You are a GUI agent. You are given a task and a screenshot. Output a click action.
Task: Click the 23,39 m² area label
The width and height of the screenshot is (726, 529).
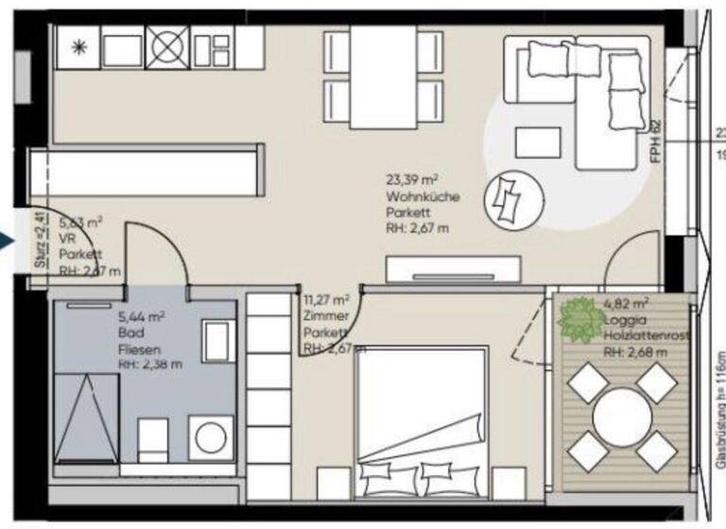coord(412,179)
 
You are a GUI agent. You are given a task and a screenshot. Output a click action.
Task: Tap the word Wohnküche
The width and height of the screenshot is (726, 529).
coord(423,197)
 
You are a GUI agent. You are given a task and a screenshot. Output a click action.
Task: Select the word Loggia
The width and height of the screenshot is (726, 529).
coord(621,320)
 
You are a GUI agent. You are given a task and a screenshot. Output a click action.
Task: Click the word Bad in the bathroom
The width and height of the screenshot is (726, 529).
coord(130,333)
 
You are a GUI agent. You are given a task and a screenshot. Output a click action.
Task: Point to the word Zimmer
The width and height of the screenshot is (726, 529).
coord(326,316)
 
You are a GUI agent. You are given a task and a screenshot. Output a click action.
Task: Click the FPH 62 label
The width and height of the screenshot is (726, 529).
coord(655,142)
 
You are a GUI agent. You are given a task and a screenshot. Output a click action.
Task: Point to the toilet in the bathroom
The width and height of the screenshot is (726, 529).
coord(154,440)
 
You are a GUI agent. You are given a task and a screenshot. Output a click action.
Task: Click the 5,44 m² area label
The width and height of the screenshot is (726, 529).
coord(142,316)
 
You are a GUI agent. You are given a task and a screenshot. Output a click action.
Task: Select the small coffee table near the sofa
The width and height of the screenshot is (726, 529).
coord(538,143)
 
